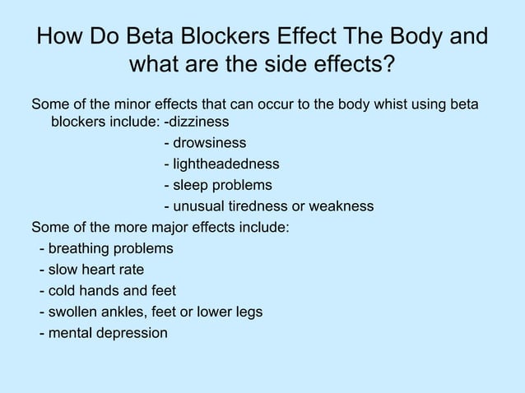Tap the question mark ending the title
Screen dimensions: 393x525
coord(387,64)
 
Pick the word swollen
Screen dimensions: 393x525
coord(74,312)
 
